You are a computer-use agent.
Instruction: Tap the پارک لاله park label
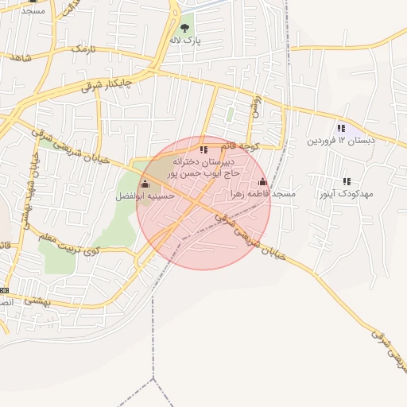(184, 39)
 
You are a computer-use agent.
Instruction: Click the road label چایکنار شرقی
(107, 83)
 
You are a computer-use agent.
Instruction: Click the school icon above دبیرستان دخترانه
(203, 149)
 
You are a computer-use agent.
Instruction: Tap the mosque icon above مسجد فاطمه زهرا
(263, 181)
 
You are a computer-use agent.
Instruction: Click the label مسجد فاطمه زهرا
(262, 193)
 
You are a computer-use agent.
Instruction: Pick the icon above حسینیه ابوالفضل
(144, 184)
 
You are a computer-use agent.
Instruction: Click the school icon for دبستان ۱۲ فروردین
(341, 128)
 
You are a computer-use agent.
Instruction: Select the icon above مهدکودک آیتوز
(346, 181)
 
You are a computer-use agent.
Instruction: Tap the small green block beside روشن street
(231, 114)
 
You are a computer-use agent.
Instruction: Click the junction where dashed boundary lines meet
(152, 381)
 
